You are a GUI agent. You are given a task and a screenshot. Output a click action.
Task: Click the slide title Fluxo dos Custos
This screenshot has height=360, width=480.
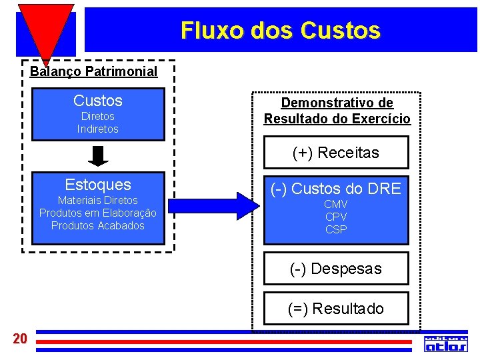(280, 31)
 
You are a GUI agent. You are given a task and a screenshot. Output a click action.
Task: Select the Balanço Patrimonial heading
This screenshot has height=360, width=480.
(94, 71)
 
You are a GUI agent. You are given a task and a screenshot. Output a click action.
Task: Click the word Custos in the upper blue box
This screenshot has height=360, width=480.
(98, 101)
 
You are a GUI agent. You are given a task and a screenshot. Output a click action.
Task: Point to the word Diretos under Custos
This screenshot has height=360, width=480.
(98, 117)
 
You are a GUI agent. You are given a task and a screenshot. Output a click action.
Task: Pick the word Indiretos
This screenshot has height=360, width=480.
(98, 129)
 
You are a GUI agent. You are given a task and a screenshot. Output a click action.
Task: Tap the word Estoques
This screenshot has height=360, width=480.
(98, 185)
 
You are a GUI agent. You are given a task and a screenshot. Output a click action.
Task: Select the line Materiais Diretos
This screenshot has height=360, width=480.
(98, 200)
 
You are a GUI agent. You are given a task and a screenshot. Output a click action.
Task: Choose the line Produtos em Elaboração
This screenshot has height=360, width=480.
(98, 213)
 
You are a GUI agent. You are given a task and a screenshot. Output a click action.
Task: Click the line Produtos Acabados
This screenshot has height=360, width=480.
(98, 225)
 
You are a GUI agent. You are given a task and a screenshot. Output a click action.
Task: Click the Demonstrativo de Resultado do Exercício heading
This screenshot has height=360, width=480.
(337, 111)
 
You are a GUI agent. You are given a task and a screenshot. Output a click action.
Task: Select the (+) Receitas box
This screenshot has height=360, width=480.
(336, 153)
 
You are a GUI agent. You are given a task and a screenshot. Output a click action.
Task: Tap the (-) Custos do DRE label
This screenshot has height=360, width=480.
(336, 189)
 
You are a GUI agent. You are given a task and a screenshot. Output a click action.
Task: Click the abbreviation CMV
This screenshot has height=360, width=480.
(336, 204)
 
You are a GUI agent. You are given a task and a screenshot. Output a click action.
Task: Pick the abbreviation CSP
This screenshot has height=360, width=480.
(336, 229)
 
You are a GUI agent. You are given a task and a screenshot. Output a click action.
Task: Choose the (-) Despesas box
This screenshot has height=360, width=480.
(336, 269)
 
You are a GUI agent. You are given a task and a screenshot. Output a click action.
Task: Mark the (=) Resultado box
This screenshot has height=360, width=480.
(336, 309)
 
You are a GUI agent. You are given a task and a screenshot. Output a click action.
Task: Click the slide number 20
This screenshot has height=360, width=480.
(20, 339)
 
